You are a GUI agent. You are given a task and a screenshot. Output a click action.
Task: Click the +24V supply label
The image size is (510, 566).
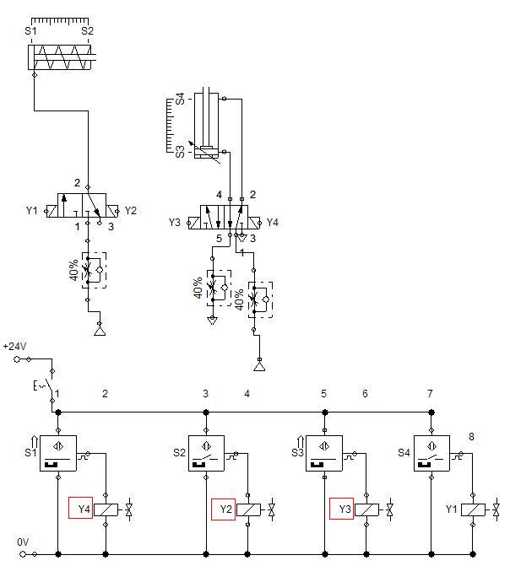(14, 347)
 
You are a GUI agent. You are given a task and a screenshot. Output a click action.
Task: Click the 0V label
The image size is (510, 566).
(23, 542)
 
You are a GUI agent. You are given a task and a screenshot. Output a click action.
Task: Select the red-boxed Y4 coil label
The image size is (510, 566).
(80, 509)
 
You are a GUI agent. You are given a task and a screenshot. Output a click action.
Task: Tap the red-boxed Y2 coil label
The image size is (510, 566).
(223, 509)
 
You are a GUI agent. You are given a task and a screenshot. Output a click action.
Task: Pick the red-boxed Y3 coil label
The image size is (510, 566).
(342, 509)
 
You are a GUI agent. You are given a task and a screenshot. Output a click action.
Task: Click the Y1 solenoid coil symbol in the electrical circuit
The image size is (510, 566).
(473, 509)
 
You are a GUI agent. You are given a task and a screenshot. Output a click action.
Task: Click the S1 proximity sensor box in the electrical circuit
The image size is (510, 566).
(58, 453)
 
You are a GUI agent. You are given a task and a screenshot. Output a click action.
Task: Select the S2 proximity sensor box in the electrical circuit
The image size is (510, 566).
(206, 453)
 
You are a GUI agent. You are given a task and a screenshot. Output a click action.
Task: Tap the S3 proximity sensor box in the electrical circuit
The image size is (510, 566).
(324, 453)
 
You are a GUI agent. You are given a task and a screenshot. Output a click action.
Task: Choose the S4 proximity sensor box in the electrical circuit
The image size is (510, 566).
(431, 453)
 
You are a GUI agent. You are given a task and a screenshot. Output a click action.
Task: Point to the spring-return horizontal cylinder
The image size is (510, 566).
(62, 57)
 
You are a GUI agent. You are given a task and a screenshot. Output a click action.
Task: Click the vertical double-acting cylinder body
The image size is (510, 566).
(206, 125)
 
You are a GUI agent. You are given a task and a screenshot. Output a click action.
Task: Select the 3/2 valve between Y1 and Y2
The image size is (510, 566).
(82, 205)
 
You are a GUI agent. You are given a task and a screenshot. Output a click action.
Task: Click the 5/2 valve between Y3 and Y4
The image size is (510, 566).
(224, 218)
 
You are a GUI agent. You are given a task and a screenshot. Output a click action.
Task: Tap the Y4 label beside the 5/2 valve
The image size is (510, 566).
(273, 223)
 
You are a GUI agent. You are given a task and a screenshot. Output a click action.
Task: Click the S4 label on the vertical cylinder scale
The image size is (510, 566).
(180, 99)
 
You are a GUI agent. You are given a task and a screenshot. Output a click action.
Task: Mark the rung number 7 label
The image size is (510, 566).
(430, 393)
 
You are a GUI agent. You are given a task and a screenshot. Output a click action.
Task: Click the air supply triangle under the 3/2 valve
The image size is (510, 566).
(100, 331)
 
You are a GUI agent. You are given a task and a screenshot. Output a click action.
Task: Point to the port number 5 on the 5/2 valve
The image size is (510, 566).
(219, 239)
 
